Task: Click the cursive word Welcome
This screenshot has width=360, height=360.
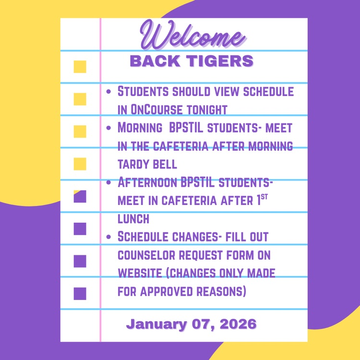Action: point(192,36)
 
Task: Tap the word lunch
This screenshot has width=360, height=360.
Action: point(133,219)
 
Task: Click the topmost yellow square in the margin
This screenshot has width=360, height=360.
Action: point(80,67)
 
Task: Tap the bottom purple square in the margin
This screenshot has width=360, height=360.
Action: point(80,293)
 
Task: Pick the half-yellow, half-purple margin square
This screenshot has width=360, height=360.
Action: point(80,196)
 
